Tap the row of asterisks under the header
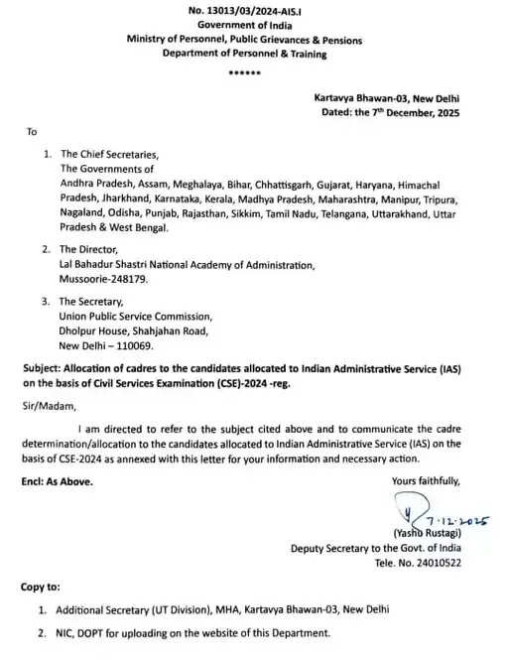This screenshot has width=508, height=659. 243,74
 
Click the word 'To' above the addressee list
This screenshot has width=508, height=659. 31,131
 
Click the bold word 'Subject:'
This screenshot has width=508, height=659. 43,368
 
